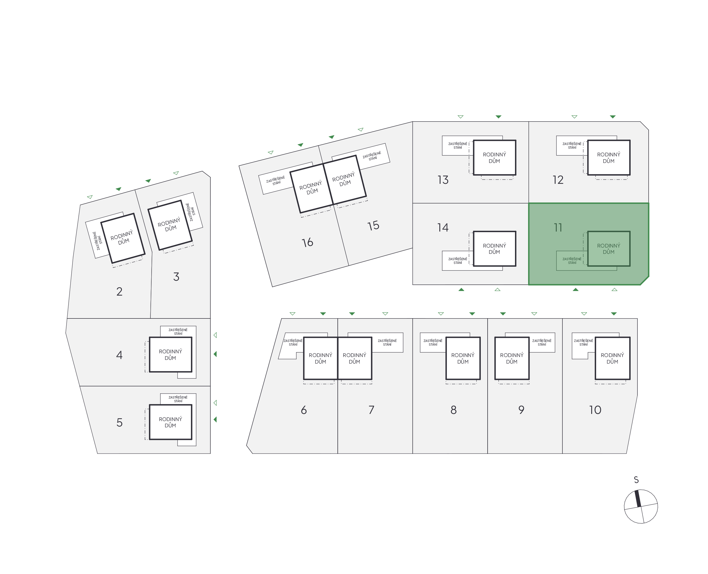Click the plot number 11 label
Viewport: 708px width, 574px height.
[558, 228]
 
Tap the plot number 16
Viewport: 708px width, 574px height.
[307, 242]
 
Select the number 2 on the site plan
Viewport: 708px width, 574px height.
[119, 291]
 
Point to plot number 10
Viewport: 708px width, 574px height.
[595, 410]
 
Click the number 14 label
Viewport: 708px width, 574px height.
[443, 228]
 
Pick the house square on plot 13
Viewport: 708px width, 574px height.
[494, 158]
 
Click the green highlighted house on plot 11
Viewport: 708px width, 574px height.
[609, 249]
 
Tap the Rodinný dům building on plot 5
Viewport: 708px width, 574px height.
[170, 422]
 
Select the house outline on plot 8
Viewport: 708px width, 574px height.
[463, 358]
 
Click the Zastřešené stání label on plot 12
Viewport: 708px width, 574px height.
[572, 146]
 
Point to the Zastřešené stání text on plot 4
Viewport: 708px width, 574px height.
[178, 332]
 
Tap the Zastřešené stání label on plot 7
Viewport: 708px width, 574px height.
[387, 342]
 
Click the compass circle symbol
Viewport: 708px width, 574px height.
[641, 506]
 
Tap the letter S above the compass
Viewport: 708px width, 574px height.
[636, 480]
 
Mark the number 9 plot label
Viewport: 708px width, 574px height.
[521, 410]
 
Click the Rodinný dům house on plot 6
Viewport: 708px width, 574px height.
[320, 358]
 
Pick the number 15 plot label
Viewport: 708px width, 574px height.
[373, 226]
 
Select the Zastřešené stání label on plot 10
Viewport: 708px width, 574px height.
[583, 342]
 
